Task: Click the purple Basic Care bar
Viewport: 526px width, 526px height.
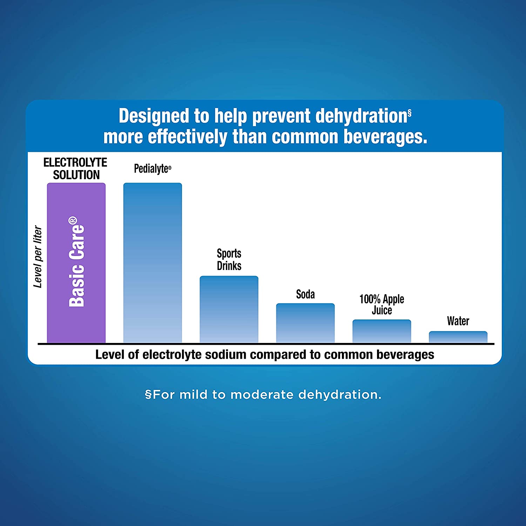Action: coord(76,263)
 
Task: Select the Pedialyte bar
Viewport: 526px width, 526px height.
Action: coord(153,263)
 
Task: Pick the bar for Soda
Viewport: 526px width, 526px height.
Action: coord(305,323)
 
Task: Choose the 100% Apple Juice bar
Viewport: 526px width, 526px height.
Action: coord(382,331)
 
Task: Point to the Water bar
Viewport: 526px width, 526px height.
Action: coord(458,337)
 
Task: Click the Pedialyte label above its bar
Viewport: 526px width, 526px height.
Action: coord(151,169)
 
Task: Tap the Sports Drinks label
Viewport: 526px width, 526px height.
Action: coord(229,259)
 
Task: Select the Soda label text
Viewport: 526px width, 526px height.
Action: coord(305,294)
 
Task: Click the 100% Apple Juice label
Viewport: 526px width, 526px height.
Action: coord(382,304)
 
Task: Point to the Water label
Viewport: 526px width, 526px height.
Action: coord(458,321)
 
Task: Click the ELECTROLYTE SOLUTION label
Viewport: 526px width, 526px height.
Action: coord(76,169)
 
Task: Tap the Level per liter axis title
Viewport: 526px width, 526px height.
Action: coord(38,257)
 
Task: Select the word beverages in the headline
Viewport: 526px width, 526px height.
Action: coord(385,137)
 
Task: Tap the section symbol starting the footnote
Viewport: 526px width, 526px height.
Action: coord(148,395)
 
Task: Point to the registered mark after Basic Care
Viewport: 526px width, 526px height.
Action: coord(73,220)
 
